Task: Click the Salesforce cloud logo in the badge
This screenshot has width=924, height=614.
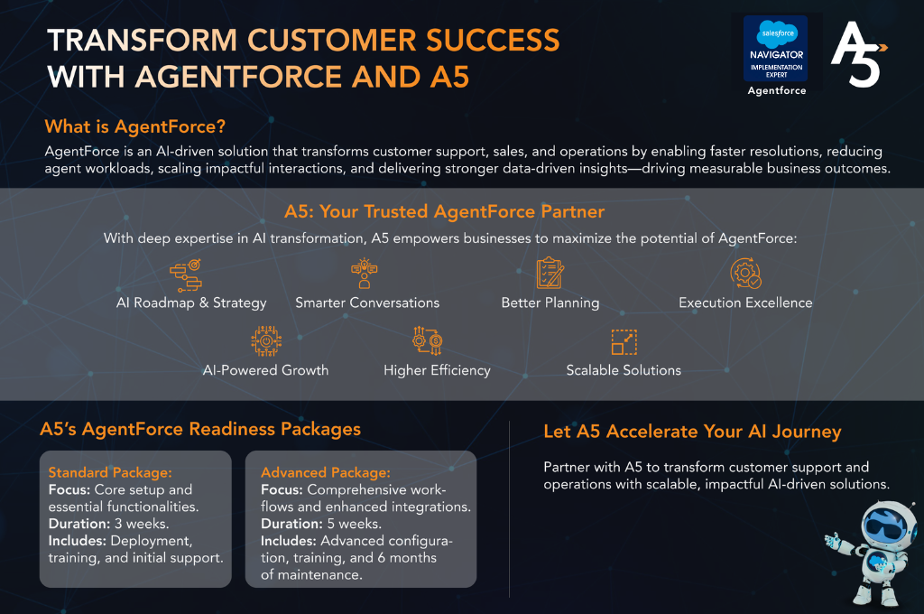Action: click(777, 33)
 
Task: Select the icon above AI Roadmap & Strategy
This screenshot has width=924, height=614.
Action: click(186, 275)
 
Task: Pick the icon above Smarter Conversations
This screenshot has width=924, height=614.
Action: click(365, 273)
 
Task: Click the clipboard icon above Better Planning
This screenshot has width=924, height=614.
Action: click(550, 273)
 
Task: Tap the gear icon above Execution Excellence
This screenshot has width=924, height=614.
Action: click(745, 273)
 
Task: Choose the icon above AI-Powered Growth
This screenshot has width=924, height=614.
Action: click(266, 341)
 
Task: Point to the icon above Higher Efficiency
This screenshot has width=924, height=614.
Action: click(428, 341)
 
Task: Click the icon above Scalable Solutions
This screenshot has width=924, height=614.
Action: click(624, 342)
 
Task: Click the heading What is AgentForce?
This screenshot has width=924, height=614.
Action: click(135, 126)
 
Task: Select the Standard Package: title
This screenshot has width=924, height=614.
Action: click(110, 472)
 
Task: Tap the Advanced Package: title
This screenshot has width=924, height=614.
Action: click(325, 472)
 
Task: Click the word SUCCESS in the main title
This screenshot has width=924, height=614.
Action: click(493, 40)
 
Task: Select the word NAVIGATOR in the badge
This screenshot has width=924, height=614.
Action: click(777, 55)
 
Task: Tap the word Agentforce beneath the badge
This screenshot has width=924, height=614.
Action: click(777, 90)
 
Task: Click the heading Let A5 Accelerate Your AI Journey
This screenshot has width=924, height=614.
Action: click(692, 432)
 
